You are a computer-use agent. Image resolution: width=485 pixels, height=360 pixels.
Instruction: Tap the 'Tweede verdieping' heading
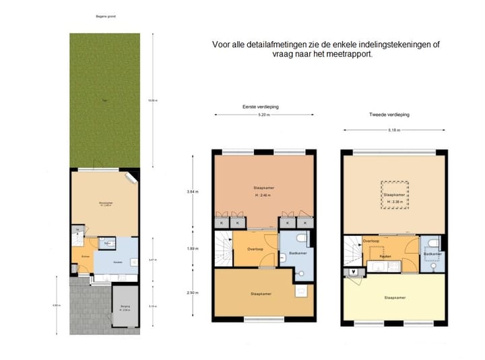tap(389, 115)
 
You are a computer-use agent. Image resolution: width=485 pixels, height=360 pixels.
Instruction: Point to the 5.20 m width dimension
tap(263, 115)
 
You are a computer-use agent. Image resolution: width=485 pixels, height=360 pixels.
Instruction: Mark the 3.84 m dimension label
tap(192, 191)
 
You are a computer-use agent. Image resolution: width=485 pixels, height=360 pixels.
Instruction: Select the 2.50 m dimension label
tap(192, 293)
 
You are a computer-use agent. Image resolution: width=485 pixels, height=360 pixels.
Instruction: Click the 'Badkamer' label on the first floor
tap(298, 253)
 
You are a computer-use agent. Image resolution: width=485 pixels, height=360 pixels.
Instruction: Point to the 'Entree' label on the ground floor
tap(86, 256)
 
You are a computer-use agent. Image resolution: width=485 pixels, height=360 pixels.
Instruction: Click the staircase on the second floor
tap(350, 250)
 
